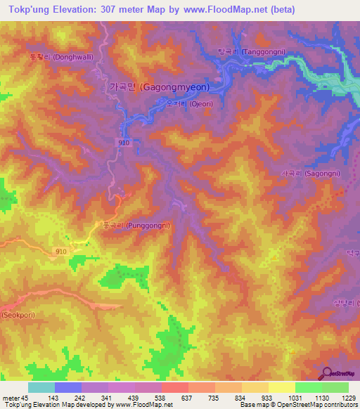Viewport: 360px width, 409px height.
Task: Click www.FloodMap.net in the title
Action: click(219, 9)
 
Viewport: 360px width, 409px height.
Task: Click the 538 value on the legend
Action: click(161, 397)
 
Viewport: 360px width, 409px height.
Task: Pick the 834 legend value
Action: click(241, 397)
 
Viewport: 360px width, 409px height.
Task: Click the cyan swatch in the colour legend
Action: click(41, 387)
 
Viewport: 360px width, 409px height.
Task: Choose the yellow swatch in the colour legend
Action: click(281, 387)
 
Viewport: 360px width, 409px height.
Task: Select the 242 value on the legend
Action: click(79, 397)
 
